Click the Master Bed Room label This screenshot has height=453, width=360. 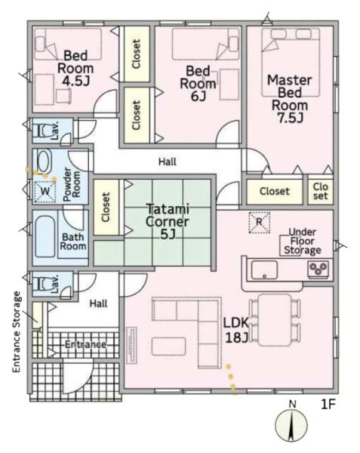click(289, 99)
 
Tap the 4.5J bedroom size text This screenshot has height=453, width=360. click(75, 82)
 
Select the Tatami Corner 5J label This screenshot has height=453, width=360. click(167, 221)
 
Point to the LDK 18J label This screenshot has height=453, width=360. click(236, 330)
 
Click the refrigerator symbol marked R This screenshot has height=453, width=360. click(260, 222)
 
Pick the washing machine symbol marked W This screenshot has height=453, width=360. click(45, 191)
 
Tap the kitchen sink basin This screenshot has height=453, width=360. click(264, 270)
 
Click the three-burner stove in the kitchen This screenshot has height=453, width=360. click(318, 270)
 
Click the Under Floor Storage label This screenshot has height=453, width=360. click(302, 241)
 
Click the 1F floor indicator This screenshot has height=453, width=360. click(328, 405)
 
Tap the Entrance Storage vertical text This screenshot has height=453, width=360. click(17, 332)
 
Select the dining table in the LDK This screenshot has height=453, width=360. click(275, 320)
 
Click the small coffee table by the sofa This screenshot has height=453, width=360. click(168, 347)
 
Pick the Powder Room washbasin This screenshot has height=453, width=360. click(44, 160)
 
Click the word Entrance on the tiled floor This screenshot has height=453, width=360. click(85, 344)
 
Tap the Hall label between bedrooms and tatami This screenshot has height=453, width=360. click(167, 162)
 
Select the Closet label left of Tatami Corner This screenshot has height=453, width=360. click(106, 207)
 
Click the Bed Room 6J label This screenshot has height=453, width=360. click(198, 83)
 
